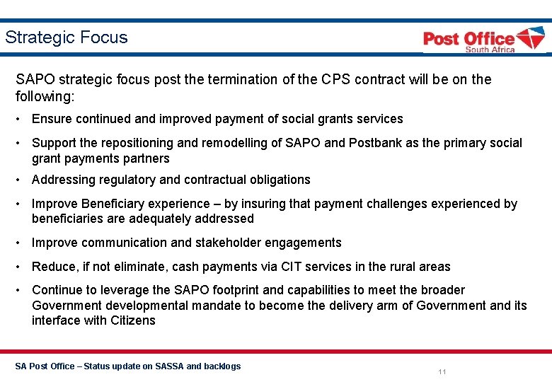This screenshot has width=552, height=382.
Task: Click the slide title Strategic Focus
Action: (67, 37)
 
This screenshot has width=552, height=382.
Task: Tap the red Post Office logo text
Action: (468, 38)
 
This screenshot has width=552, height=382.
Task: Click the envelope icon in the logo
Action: (530, 38)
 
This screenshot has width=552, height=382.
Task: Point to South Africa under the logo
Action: (490, 50)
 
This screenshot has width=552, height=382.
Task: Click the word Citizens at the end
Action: (132, 320)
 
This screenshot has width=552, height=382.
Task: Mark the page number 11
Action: (442, 372)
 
